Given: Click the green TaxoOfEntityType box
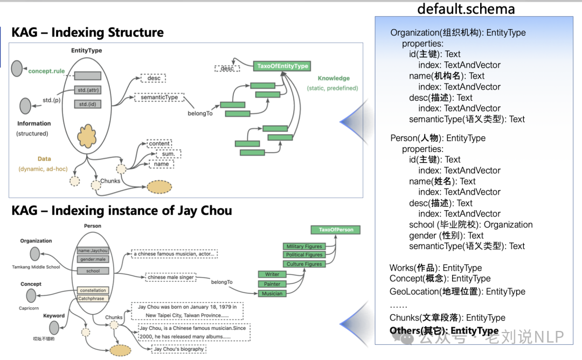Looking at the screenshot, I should [282, 66].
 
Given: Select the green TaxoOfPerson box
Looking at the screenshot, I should [336, 230].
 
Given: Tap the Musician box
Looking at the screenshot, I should [272, 294].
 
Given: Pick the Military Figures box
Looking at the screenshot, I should [304, 246].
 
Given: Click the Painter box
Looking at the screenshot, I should [272, 284].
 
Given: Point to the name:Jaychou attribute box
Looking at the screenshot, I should [92, 251].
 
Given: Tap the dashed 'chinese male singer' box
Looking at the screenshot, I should [169, 277].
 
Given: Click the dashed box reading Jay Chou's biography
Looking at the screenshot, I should [179, 349].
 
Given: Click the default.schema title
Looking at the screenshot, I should [466, 9].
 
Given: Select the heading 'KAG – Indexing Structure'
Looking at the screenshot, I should [87, 32].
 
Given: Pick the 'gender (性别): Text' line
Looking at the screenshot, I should [446, 236].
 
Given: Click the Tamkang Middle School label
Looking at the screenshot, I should [36, 267].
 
